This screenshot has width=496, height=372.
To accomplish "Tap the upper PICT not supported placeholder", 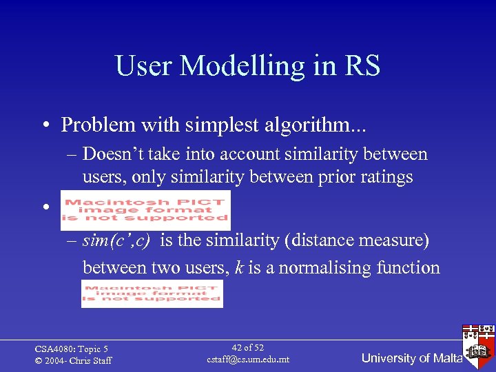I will click(145, 209).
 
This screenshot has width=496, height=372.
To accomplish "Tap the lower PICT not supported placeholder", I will click(152, 293).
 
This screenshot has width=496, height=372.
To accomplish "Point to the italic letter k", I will click(238, 267).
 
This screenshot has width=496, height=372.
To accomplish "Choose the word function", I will click(409, 267).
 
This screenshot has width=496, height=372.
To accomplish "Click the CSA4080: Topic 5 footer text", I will click(71, 349).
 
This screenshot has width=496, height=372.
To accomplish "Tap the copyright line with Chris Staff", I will click(73, 361).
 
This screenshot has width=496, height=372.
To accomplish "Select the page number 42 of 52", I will click(247, 348).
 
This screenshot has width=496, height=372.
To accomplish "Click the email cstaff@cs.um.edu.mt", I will click(247, 360).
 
